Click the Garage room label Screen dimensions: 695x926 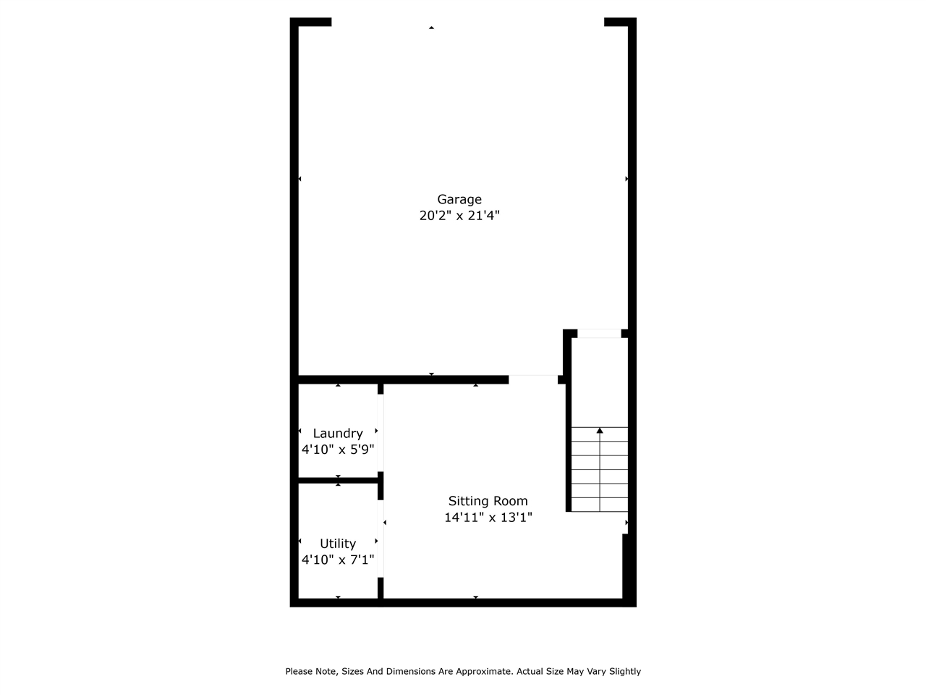click(x=459, y=200)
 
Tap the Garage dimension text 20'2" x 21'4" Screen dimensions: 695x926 click(x=459, y=216)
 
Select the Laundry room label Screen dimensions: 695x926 click(x=338, y=434)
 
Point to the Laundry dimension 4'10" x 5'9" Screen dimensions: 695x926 click(x=338, y=450)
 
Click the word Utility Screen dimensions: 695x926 click(x=338, y=544)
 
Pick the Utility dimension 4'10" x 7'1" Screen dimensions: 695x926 click(x=338, y=560)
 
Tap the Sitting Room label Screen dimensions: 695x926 click(x=488, y=501)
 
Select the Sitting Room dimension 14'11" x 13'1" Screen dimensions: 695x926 click(x=488, y=518)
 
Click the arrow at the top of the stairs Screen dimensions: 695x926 click(x=600, y=431)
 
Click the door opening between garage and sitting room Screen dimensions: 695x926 click(x=533, y=379)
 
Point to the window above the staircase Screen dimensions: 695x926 click(x=599, y=334)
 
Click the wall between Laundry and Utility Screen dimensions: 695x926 click(x=339, y=480)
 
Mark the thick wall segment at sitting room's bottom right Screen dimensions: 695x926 click(x=629, y=568)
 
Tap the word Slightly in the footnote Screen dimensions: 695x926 click(x=624, y=672)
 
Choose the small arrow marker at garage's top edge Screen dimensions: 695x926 click(x=432, y=28)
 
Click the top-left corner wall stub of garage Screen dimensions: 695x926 click(x=311, y=22)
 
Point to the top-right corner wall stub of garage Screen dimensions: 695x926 click(x=619, y=22)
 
